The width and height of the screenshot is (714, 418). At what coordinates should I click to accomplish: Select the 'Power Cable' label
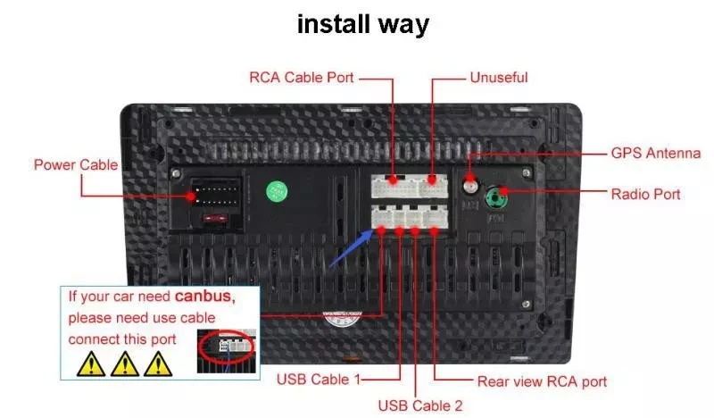tap(75, 165)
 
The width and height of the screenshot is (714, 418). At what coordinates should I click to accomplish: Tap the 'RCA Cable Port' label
tap(302, 78)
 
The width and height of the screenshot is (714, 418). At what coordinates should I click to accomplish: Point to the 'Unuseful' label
tap(499, 78)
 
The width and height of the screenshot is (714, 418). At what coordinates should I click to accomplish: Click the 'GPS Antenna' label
tap(655, 154)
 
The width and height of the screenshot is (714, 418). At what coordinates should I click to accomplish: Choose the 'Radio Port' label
tap(645, 194)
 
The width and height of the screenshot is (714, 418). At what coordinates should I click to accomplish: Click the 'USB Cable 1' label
tap(319, 380)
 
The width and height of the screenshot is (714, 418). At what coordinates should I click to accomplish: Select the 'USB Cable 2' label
tap(420, 405)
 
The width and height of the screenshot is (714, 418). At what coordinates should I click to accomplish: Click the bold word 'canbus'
tap(203, 297)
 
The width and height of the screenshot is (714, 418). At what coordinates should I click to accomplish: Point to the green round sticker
tap(278, 190)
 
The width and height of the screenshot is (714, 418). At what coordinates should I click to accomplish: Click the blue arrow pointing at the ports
tap(350, 247)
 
